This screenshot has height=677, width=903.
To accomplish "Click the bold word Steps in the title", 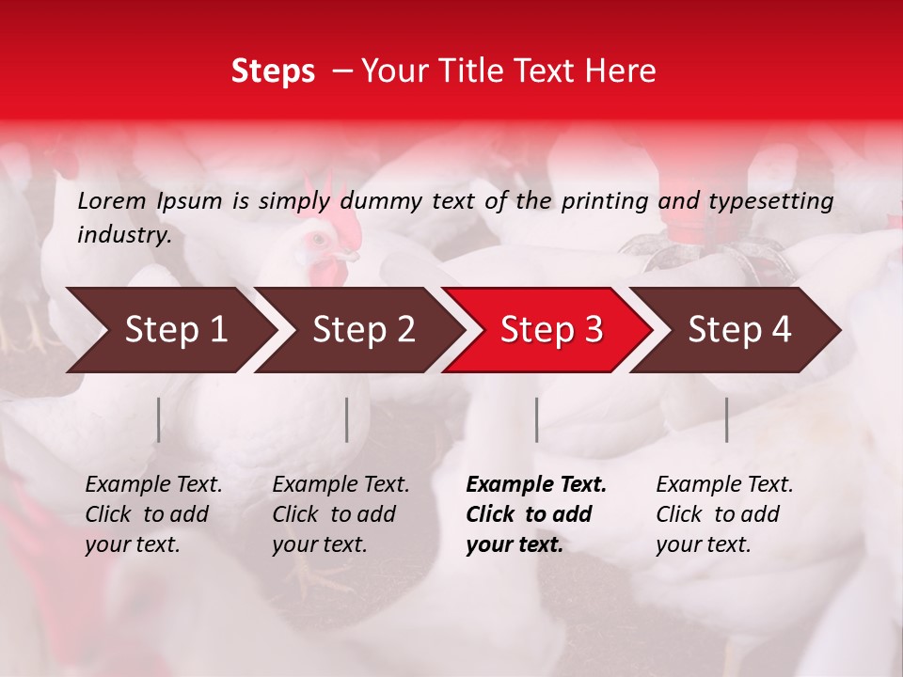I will coord(273,71).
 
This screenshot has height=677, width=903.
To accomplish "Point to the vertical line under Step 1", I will coord(158,419).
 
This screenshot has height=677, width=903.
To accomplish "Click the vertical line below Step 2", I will coord(347,419).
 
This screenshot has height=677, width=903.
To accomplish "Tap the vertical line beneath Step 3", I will coord(536,419).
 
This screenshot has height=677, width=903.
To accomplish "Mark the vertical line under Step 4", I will coord(726,419).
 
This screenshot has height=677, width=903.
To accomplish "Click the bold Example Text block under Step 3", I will coord(536,514).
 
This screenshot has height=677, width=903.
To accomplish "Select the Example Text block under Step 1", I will coord(153,514).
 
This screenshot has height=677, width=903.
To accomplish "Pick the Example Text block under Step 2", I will coord(341,514).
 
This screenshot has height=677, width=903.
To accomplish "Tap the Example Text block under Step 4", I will coord(724,514).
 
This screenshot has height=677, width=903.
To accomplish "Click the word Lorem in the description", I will coord(111,200).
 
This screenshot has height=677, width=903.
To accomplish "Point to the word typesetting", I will coord(770,200).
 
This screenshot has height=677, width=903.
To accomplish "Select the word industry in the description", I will coord(123,235).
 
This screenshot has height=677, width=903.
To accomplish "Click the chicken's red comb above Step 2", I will coord(344,225).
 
